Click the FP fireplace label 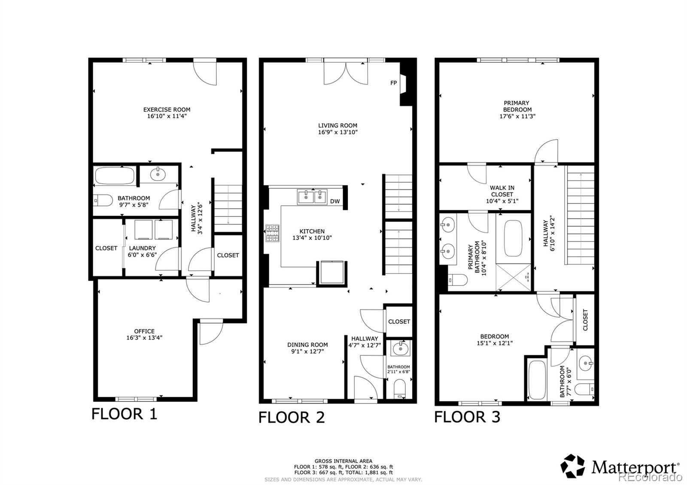(x=393, y=83)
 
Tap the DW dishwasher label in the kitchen (x=335, y=201)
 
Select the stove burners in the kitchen (x=272, y=233)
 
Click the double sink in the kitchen (x=312, y=197)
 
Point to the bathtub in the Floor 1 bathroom (x=115, y=176)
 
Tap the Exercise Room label (x=167, y=109)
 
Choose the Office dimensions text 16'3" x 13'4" (x=144, y=337)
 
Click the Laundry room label (x=142, y=248)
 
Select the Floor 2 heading (x=292, y=417)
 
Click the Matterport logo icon (x=573, y=466)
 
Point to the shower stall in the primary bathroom (x=513, y=277)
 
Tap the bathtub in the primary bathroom (x=513, y=238)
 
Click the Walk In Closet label (x=502, y=191)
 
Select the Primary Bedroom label (x=517, y=106)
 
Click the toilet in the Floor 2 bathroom (x=400, y=389)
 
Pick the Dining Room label (x=307, y=345)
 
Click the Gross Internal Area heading (x=343, y=461)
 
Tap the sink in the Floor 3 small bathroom (x=586, y=364)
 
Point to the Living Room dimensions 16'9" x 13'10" (x=337, y=132)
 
